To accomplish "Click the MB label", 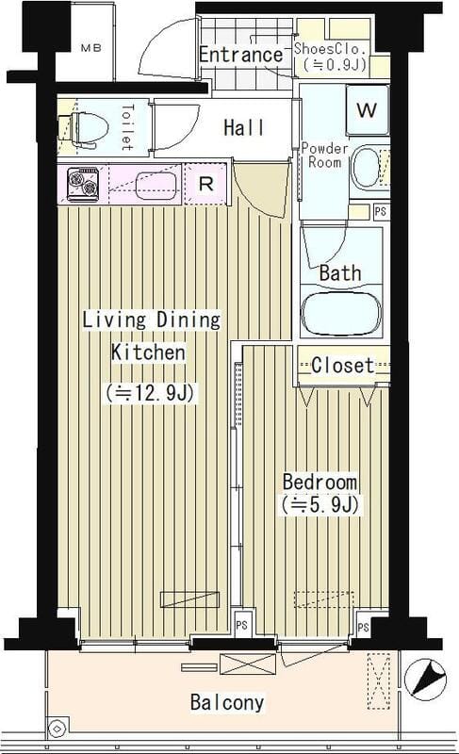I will click(x=90, y=46).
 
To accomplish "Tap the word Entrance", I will click(x=240, y=54).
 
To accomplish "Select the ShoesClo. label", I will click(x=329, y=48).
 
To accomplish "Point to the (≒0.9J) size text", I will click(x=331, y=66).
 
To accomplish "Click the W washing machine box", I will click(x=367, y=109).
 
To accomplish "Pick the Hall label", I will click(x=243, y=128).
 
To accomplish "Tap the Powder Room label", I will click(x=324, y=156).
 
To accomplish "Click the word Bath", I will click(x=339, y=273).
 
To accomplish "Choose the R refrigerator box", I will click(x=206, y=184).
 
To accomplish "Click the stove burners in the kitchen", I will click(x=79, y=184).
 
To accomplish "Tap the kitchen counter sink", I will click(x=156, y=183).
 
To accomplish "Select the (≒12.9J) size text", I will click(x=151, y=392).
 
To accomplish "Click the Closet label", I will click(x=342, y=365).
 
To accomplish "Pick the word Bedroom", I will click(x=320, y=482).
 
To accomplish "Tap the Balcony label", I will click(x=226, y=702).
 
